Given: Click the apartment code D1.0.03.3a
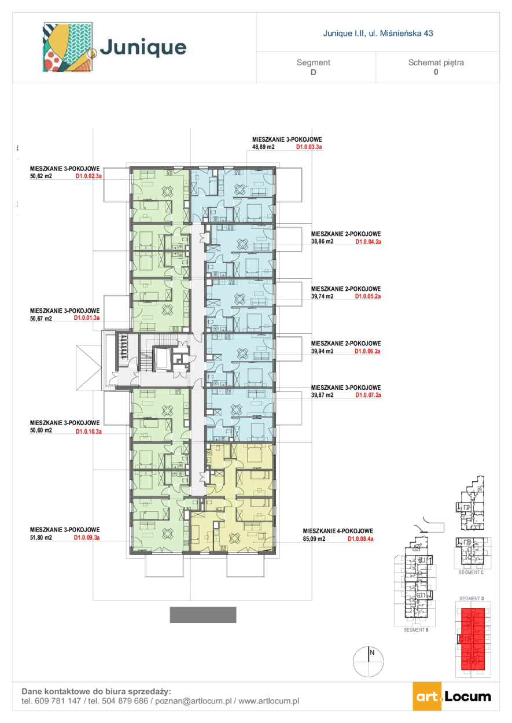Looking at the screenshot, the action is pos(309,147).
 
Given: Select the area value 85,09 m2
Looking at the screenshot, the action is pos(314,538).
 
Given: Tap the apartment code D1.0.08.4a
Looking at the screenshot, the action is pos(360,538).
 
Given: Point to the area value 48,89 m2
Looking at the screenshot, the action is pos(263,147).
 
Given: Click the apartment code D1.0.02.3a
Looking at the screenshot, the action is pos(89,176).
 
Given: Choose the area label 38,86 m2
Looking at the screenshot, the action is pos(322,241).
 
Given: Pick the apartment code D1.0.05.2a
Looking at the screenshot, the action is pos(368,296).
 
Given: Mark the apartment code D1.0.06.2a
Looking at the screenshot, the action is pos(367,351).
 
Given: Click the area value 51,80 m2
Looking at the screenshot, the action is pos(41,537).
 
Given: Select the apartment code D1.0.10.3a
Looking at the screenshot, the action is pos(89,431).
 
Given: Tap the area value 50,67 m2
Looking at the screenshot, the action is pos(41,319).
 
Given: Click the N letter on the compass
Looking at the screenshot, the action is pos(371,652).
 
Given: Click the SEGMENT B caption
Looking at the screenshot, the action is pos(416,630).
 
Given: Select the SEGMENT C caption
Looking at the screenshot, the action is pos(471,572).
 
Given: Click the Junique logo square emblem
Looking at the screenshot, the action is pos(68,47).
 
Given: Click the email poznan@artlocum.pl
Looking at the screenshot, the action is pos(193,701).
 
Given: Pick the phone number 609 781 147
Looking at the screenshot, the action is pos(58,701).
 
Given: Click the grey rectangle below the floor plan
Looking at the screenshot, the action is pos(203,615).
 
